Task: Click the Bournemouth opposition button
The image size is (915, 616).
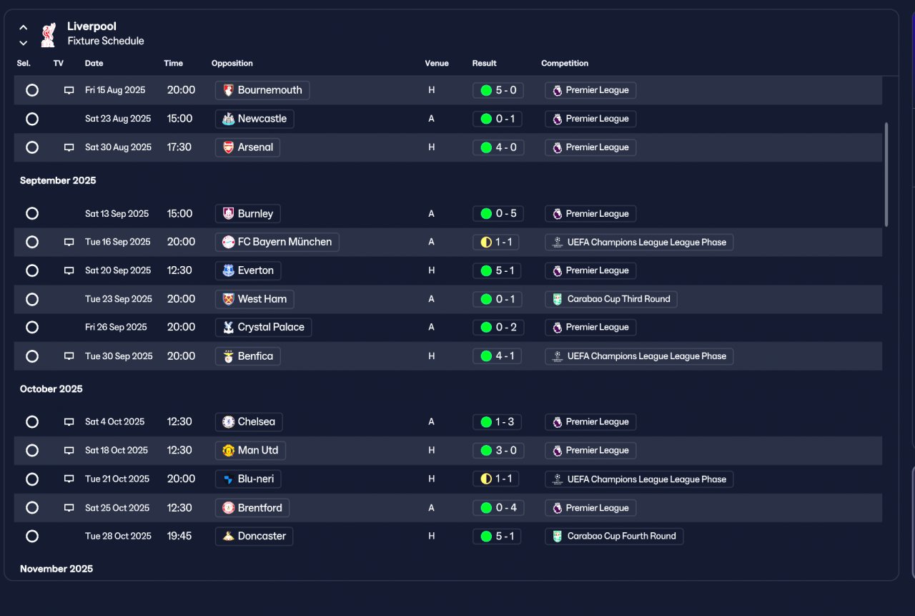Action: click(262, 90)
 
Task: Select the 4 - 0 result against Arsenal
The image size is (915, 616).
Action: click(498, 147)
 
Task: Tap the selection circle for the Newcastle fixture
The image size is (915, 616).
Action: click(32, 119)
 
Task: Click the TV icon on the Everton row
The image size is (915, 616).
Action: click(69, 270)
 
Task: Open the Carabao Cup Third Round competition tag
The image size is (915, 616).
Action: click(610, 299)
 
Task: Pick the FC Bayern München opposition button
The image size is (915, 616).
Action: click(277, 242)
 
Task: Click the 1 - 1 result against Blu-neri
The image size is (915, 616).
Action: click(496, 479)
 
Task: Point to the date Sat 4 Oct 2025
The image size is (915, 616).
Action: click(115, 422)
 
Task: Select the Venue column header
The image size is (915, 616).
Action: click(437, 64)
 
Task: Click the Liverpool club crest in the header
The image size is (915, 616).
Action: click(48, 35)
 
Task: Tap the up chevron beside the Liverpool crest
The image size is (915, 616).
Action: click(24, 27)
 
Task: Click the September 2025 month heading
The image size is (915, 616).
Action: click(58, 181)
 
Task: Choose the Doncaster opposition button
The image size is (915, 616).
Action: click(254, 537)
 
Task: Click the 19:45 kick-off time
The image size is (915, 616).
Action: click(179, 537)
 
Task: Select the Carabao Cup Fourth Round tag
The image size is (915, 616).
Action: click(614, 537)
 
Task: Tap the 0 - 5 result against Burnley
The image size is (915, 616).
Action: click(498, 214)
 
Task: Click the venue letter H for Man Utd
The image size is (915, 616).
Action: click(431, 451)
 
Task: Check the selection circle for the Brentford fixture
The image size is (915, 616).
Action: click(32, 508)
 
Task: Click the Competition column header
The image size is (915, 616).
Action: click(565, 64)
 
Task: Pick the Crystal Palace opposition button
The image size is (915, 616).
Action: click(264, 328)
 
